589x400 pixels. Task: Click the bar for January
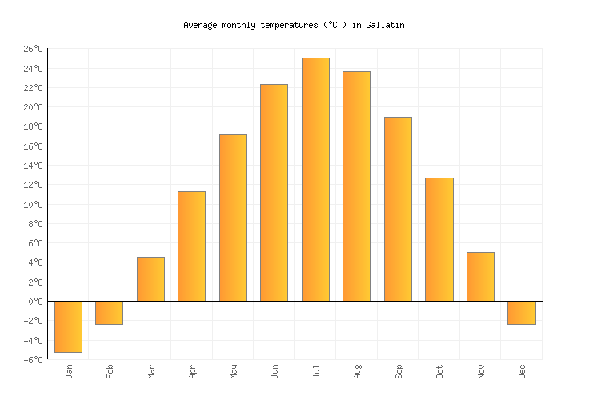click(x=68, y=326)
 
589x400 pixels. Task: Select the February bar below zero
click(x=109, y=313)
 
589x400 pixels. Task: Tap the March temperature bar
click(x=150, y=279)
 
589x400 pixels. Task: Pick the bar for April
click(x=191, y=246)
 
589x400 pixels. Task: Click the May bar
click(x=233, y=218)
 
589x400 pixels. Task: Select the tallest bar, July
click(x=315, y=179)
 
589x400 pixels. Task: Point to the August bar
click(x=356, y=186)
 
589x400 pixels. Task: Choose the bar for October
click(x=439, y=239)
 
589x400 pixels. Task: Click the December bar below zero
click(x=521, y=313)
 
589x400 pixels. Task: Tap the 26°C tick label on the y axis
click(x=33, y=50)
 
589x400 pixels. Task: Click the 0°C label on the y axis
click(x=35, y=302)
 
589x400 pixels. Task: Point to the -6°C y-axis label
click(x=33, y=360)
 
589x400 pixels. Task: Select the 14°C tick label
click(x=33, y=166)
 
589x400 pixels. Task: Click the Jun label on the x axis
click(x=274, y=371)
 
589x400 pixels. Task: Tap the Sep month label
click(x=398, y=371)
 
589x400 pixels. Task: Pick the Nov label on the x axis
click(x=480, y=371)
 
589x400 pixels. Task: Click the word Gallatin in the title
click(x=385, y=25)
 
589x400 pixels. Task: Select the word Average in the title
click(x=200, y=25)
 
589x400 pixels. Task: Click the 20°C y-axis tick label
click(x=33, y=108)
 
